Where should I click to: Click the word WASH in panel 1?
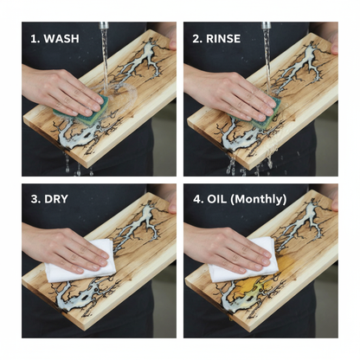[x=61, y=39]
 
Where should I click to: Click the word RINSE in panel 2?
[x=223, y=39]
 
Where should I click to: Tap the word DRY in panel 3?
[x=56, y=199]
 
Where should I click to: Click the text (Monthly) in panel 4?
[x=259, y=200]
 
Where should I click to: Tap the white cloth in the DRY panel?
[x=80, y=260]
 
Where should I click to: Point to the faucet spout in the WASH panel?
[x=104, y=25]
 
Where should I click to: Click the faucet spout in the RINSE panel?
[x=266, y=25]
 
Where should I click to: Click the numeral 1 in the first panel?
[x=35, y=39]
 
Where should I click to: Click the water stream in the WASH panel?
[x=104, y=61]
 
